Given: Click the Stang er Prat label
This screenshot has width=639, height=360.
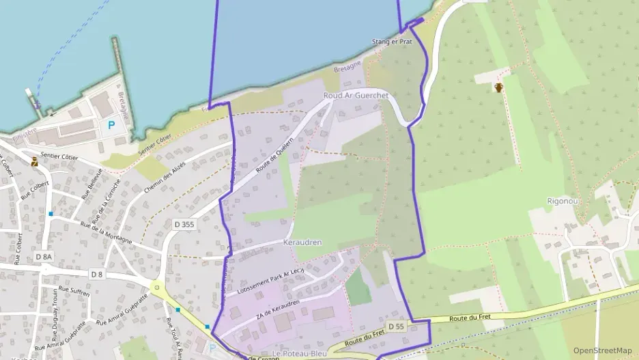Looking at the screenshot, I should (392, 42).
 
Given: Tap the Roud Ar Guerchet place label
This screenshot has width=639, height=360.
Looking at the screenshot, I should (356, 96).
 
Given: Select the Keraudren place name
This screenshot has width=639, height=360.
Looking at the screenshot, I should (302, 243).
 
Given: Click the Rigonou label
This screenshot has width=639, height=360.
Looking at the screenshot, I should (562, 201).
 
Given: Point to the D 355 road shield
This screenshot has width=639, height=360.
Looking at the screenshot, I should (184, 223).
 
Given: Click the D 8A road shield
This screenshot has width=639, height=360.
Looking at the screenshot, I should (42, 256).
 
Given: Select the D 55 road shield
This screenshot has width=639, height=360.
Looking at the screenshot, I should (395, 327).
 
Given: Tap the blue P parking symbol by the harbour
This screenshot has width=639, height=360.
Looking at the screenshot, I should (111, 126).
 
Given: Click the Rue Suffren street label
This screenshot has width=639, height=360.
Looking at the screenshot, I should (74, 295).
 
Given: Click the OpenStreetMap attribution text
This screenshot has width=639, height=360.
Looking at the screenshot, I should (602, 350).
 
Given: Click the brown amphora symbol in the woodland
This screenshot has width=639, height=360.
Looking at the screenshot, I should (499, 87).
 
